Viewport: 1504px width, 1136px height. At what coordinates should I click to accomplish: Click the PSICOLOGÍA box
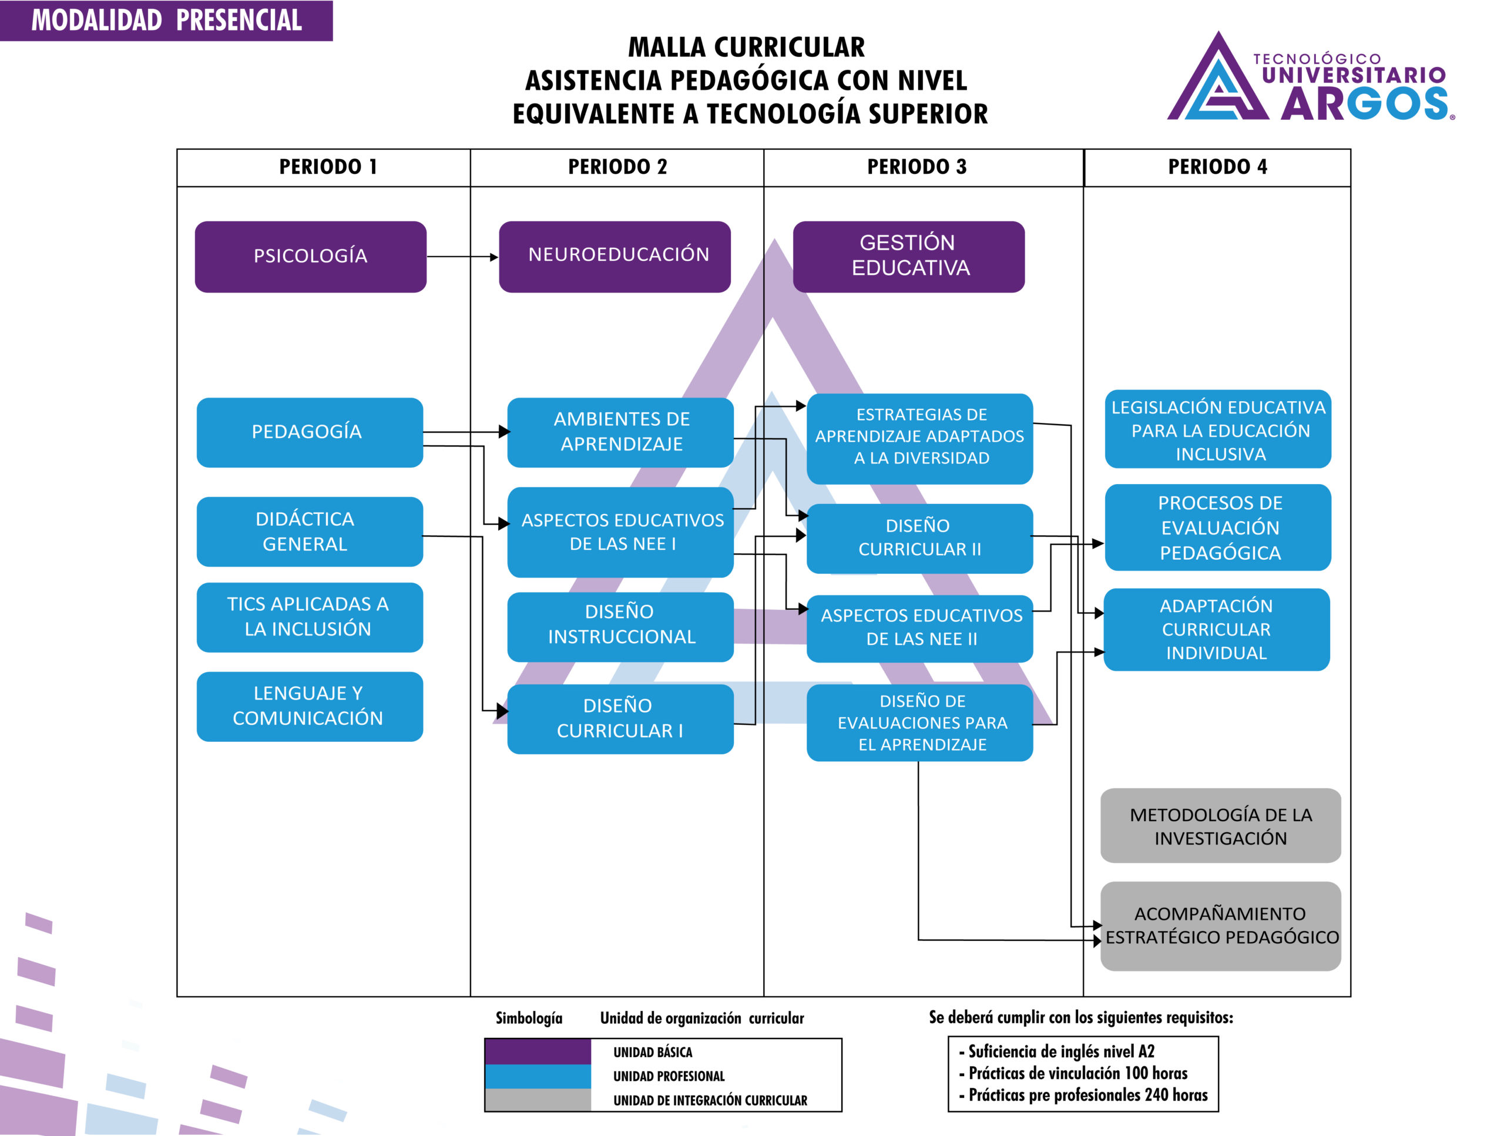click(310, 256)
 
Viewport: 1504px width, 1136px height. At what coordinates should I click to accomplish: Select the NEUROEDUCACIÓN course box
click(615, 256)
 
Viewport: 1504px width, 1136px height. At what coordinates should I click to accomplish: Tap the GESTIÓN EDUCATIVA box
click(908, 256)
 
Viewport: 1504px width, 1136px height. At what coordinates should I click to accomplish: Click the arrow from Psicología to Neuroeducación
click(462, 257)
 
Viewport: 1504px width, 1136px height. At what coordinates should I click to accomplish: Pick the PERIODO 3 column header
click(916, 167)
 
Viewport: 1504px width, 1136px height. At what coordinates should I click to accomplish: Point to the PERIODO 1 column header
click(328, 167)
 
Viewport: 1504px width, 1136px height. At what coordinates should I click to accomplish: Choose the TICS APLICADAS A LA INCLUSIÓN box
click(310, 617)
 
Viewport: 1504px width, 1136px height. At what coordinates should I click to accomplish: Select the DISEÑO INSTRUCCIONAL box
click(620, 626)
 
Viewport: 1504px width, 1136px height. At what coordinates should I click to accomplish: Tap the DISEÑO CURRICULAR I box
click(620, 718)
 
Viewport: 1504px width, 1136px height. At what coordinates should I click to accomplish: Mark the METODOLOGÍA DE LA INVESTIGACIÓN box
click(1220, 825)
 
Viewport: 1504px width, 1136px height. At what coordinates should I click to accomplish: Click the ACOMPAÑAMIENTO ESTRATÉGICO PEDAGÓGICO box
click(1220, 925)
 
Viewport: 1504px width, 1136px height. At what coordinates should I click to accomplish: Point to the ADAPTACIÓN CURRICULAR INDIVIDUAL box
click(1216, 629)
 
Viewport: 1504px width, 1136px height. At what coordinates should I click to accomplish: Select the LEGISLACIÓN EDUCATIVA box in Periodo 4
click(1218, 429)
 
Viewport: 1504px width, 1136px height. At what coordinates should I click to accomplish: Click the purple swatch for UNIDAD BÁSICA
click(538, 1051)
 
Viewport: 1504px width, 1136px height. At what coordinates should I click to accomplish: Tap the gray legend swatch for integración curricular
click(538, 1100)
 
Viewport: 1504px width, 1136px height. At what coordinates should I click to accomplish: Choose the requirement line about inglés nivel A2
click(1060, 1051)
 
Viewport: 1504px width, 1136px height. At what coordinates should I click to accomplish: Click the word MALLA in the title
click(666, 48)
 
